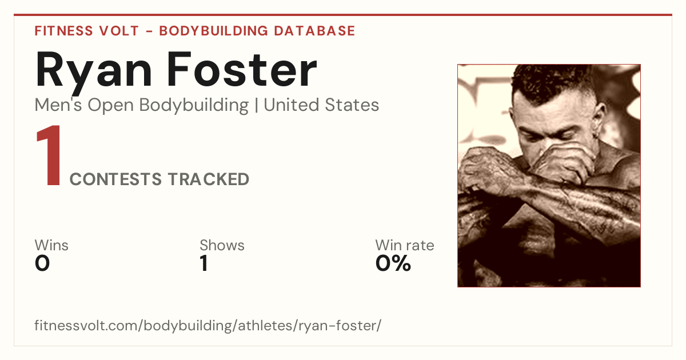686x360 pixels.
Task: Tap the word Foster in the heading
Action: coord(242,69)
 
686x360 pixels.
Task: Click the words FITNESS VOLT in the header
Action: coord(87,31)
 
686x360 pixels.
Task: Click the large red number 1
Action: coord(49,155)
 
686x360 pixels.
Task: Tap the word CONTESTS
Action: coord(115,179)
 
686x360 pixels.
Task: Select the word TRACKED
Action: coord(209,179)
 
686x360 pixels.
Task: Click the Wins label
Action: coord(51,245)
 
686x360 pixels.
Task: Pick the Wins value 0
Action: coord(42,263)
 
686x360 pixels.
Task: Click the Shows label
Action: coord(222,245)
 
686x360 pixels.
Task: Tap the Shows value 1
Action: coord(204,263)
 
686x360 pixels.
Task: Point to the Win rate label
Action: coord(405,245)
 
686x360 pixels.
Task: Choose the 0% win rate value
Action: coord(393,263)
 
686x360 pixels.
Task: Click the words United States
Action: coord(321,105)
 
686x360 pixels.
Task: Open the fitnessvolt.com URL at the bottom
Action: coord(208,326)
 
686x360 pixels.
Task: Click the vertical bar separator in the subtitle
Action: coord(256,106)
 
